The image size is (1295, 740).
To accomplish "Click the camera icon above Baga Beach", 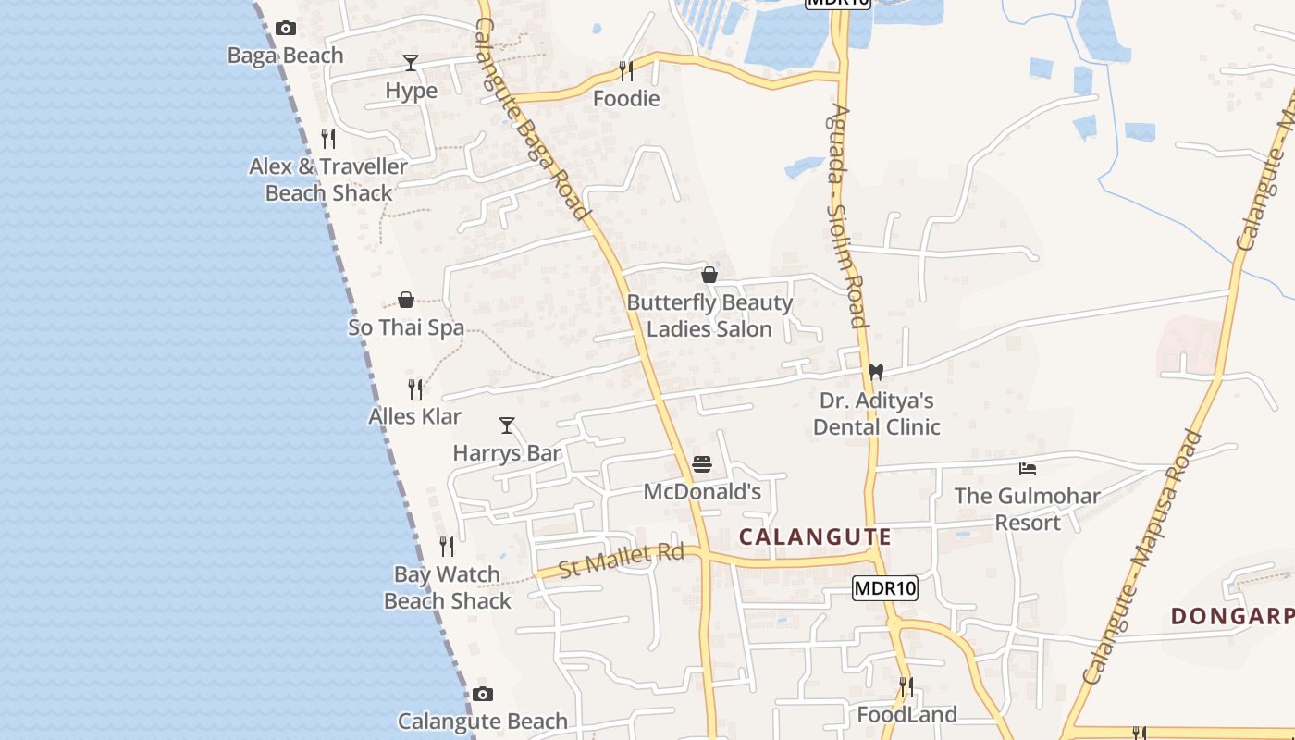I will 286,29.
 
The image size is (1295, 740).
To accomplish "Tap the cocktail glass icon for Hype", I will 411,63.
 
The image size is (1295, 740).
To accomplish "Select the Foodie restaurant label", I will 626,99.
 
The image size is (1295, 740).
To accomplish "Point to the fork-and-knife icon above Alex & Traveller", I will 328,139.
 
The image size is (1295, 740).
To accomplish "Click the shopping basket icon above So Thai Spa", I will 406,300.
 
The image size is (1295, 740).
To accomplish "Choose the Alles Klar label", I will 414,416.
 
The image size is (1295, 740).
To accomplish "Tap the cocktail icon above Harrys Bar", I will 507,425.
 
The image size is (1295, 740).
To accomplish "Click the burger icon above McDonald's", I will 702,464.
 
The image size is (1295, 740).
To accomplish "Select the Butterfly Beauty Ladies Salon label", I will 709,315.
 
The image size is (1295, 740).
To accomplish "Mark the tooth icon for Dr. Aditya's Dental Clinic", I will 876,373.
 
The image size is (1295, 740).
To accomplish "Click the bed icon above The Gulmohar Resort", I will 1027,469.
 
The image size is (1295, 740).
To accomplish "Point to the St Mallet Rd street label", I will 622,561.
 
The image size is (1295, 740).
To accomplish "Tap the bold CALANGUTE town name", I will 815,536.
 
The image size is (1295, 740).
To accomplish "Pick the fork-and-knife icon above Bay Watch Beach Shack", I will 447,547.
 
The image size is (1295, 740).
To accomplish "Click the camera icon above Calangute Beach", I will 483,694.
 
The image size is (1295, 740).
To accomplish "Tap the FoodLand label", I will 906,714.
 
